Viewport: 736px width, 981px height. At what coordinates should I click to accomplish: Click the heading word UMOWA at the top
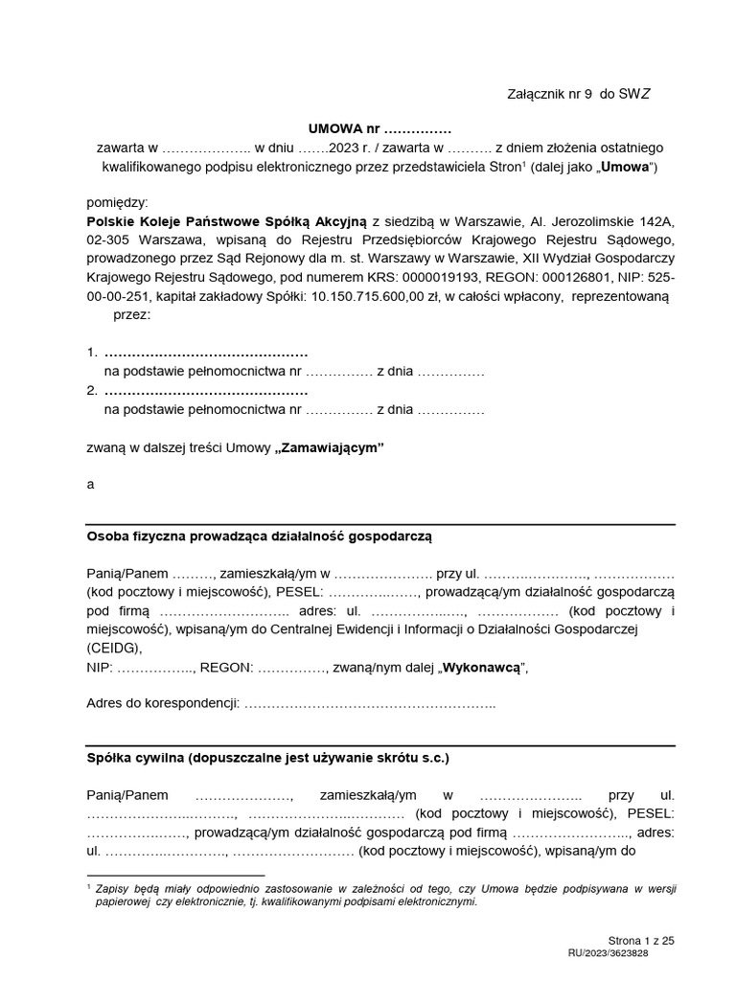(x=330, y=128)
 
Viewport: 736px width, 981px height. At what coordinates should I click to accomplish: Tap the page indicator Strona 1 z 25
(x=641, y=941)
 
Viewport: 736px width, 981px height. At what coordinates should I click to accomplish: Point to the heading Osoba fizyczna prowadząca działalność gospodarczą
(x=260, y=537)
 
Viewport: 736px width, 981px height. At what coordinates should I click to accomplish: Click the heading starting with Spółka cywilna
(x=267, y=757)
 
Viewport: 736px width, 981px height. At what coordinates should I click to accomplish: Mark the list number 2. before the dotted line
(x=92, y=391)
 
